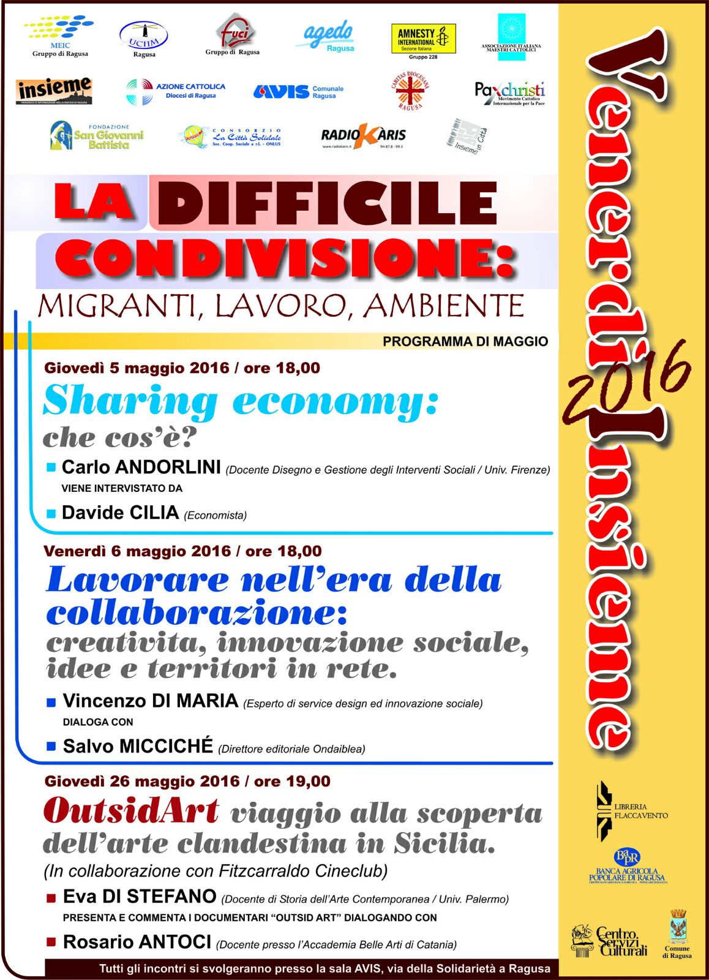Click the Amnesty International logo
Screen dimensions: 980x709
point(423,40)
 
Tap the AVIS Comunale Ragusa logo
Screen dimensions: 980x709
point(298,92)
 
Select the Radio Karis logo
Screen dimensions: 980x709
point(363,136)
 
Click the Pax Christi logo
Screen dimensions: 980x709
point(509,93)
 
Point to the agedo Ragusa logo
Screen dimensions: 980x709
point(329,37)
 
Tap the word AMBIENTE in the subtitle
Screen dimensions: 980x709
point(445,306)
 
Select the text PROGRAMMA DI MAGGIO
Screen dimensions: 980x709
point(465,342)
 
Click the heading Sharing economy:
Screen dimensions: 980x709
point(241,401)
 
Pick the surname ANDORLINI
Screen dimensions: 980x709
point(168,467)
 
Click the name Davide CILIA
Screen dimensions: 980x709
point(120,513)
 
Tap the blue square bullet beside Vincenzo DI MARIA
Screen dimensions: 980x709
point(51,703)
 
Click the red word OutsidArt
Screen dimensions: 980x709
point(131,811)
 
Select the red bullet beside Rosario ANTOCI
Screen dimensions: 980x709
point(51,943)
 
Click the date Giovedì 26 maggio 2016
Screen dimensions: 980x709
point(142,782)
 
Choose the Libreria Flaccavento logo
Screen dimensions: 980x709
point(631,810)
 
